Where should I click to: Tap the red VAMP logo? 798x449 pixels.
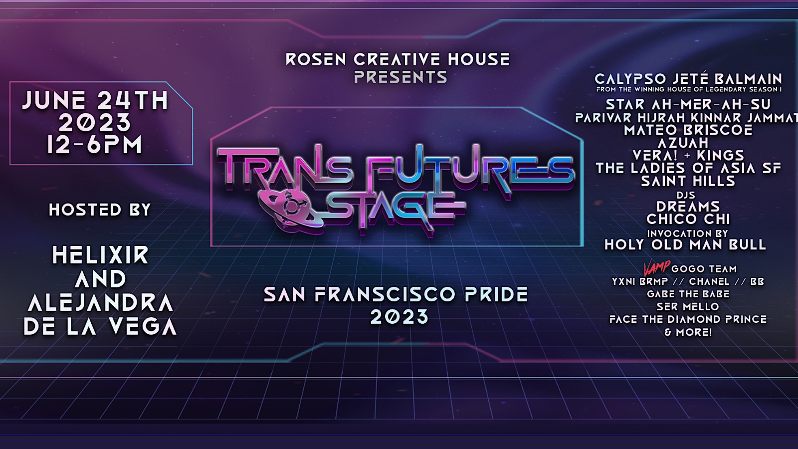coord(656,268)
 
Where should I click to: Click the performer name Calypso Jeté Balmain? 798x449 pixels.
coord(688,79)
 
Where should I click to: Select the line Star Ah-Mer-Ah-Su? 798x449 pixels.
coord(688,104)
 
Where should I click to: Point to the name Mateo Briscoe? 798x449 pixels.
coord(688,130)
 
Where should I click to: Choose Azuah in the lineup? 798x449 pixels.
coord(683,143)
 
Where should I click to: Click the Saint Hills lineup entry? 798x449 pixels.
coord(688,181)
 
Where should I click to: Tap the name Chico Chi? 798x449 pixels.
coord(688,219)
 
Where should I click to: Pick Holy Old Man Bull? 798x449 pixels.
coord(685,244)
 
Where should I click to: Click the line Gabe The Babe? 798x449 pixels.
coord(688,294)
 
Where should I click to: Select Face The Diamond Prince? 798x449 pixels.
coord(688,319)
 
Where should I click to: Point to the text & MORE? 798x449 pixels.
coord(688,332)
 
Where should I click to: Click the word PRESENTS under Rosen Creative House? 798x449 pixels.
coord(400,77)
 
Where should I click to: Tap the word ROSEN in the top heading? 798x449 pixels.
coord(316,59)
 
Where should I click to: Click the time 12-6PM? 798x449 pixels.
coord(95,145)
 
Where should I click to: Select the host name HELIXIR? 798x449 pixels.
coord(100,255)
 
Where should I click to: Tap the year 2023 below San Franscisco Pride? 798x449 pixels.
coord(399,317)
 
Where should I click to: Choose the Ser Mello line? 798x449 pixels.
coord(688,307)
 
